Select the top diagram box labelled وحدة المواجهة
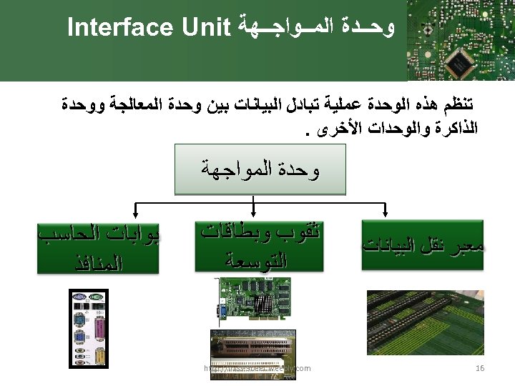tap(260, 170)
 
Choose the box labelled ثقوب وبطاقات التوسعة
tap(259, 245)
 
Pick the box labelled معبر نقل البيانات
tap(423, 247)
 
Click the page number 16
tap(480, 368)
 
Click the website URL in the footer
tap(257, 368)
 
